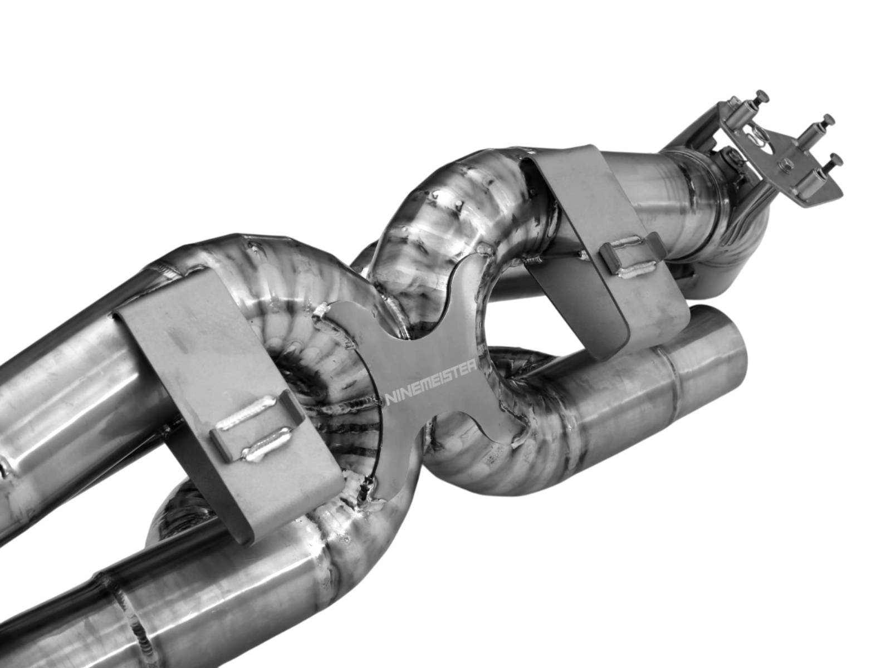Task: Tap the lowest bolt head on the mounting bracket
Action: pos(834,159)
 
